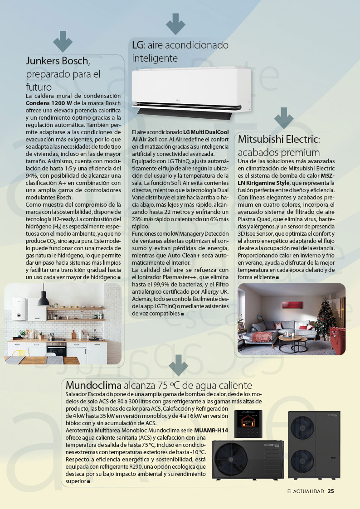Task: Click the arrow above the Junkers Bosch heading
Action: [x=63, y=42]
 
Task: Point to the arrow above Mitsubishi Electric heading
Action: [x=284, y=118]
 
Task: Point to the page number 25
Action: [x=331, y=491]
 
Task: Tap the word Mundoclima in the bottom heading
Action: [x=93, y=386]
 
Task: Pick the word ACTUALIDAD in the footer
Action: [x=308, y=491]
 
